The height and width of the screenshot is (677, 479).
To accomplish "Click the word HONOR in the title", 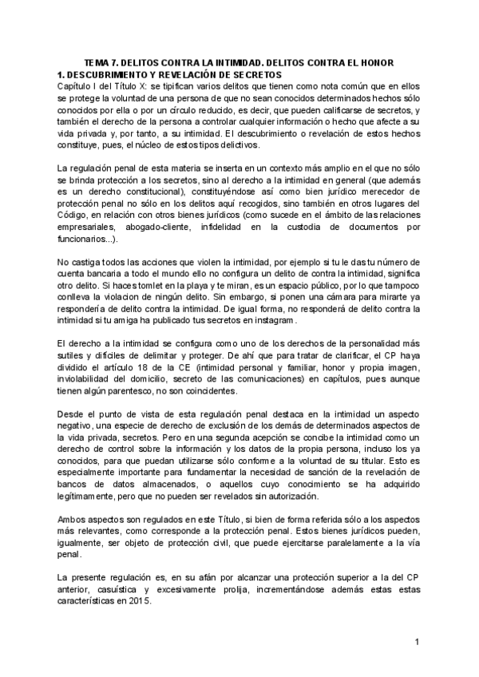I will tap(392, 63).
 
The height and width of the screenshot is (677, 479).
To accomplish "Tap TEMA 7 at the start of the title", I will tap(105, 63).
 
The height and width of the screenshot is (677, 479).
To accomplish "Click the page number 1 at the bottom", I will tap(418, 642).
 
